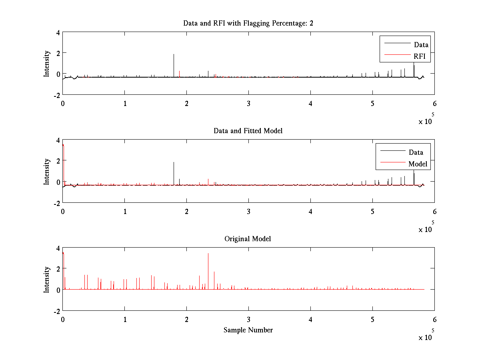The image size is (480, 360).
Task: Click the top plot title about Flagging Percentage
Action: [x=248, y=23]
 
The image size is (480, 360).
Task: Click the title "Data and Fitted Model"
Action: [x=248, y=131]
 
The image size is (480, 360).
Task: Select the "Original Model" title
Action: [x=248, y=239]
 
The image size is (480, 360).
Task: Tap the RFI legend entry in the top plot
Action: [x=420, y=57]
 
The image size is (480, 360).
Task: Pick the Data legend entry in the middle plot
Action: [x=416, y=152]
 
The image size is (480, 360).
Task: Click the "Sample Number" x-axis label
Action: [x=248, y=330]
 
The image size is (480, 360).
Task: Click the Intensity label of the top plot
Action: [x=47, y=63]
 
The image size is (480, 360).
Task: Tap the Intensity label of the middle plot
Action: [x=47, y=171]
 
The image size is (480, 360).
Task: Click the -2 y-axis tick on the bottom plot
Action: [x=57, y=311]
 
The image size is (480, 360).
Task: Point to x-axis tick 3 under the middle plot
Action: [x=248, y=212]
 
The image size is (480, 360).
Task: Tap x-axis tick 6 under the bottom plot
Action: [x=434, y=320]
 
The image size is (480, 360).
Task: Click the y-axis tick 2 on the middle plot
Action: [x=58, y=161]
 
